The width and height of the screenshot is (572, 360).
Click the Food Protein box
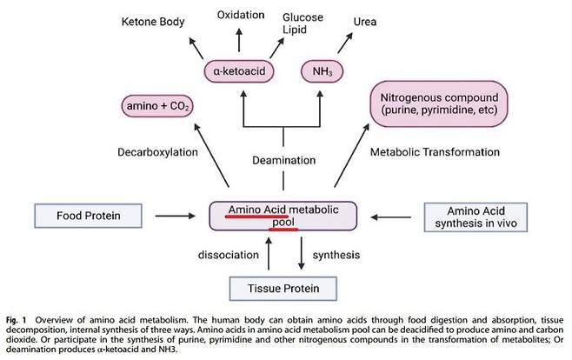(89, 216)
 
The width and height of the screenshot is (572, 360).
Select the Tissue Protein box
(283, 289)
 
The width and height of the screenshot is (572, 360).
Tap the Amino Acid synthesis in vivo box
(476, 217)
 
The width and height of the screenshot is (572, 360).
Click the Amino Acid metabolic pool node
(283, 216)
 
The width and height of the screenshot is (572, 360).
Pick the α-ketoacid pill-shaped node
(239, 70)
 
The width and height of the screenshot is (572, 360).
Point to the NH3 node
(323, 70)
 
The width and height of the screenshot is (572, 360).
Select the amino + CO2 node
(157, 106)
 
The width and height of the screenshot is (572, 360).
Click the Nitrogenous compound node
(439, 104)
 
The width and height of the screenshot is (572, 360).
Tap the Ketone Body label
(153, 22)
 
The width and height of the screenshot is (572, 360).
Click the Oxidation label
(241, 15)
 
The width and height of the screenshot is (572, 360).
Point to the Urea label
(365, 22)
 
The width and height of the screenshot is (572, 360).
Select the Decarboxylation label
(157, 152)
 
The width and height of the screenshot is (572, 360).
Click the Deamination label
(283, 160)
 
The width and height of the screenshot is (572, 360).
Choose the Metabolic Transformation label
(435, 152)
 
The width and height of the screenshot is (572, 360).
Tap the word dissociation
(229, 255)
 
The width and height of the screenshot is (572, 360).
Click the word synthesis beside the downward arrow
(336, 255)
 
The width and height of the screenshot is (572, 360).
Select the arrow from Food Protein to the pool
(176, 216)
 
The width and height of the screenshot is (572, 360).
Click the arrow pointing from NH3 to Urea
(345, 43)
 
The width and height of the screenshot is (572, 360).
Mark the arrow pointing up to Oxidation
(239, 40)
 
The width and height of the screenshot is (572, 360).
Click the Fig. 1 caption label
(16, 320)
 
